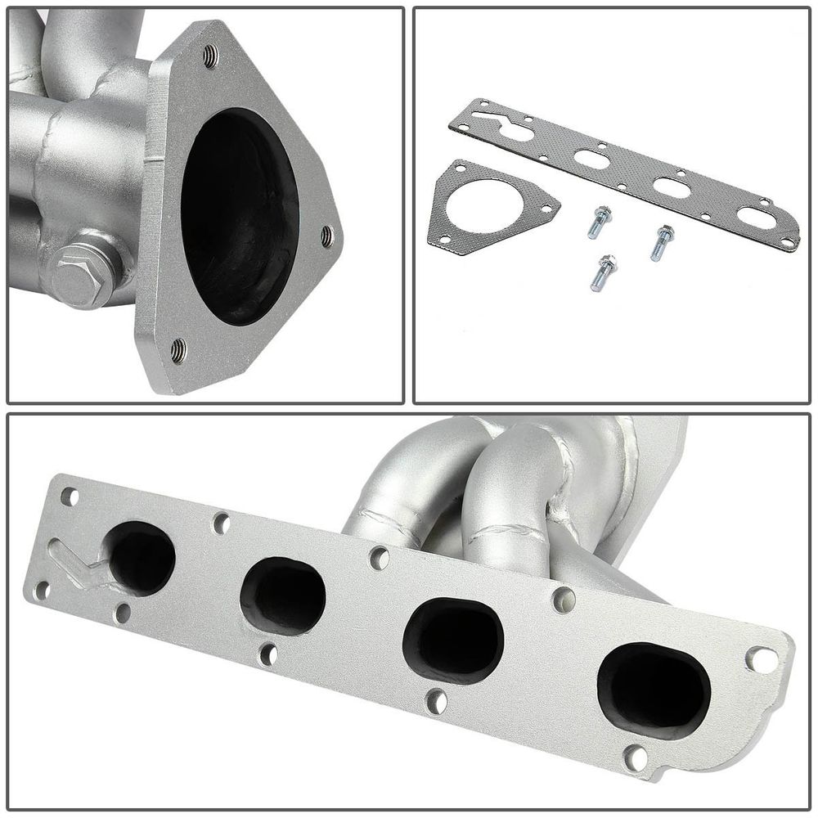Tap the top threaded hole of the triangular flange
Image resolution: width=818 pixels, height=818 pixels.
(x=210, y=56)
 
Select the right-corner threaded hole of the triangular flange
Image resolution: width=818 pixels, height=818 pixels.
(x=326, y=236)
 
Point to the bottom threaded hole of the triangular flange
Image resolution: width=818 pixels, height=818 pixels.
(x=178, y=351)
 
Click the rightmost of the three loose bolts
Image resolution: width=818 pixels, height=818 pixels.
(x=662, y=242)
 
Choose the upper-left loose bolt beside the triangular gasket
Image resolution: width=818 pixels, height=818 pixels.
(x=600, y=221)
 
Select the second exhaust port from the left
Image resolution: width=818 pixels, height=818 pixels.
(x=282, y=595)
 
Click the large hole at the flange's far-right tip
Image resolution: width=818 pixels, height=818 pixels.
(x=761, y=658)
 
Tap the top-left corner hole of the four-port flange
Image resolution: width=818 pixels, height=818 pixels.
(x=69, y=496)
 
